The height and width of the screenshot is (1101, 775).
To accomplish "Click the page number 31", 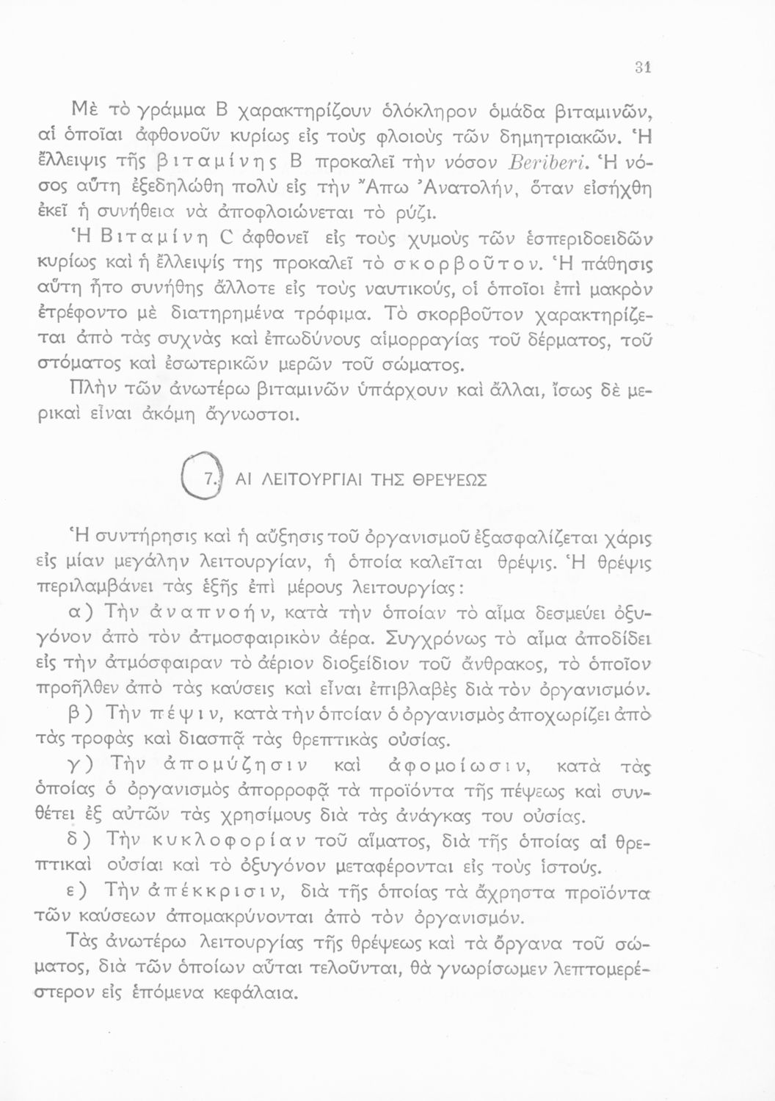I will click(644, 67).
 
